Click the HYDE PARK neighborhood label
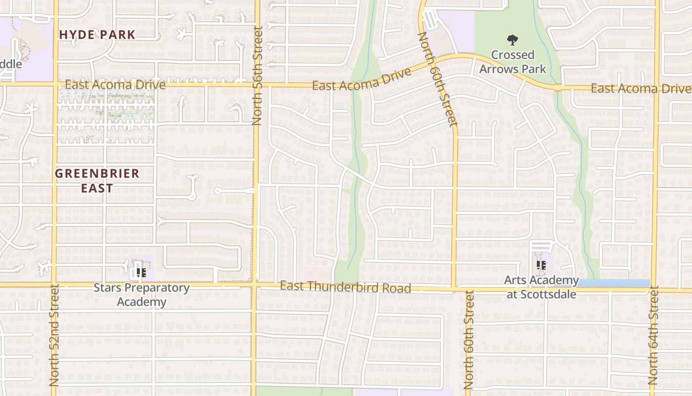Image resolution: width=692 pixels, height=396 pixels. click(x=97, y=35)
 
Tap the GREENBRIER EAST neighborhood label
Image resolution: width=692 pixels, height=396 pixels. click(x=97, y=181)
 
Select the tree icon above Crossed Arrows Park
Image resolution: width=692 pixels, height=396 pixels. click(x=513, y=40)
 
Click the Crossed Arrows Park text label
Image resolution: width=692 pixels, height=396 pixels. click(x=513, y=61)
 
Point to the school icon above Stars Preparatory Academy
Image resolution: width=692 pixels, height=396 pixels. click(x=141, y=273)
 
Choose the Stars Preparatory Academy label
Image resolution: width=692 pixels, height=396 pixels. click(x=141, y=295)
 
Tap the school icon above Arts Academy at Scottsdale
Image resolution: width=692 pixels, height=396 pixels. click(x=541, y=266)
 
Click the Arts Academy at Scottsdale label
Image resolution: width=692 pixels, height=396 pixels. click(x=541, y=287)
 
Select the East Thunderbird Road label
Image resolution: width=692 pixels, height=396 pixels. click(x=346, y=287)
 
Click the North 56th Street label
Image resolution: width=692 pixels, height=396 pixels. click(x=257, y=76)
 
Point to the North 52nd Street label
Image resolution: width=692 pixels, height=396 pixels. click(x=54, y=335)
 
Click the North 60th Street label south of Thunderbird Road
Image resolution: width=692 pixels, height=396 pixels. click(x=468, y=340)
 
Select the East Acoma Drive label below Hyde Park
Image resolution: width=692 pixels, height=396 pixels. click(x=115, y=85)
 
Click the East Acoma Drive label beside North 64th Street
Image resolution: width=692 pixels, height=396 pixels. click(x=641, y=89)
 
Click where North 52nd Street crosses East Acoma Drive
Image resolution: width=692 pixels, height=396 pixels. click(x=55, y=84)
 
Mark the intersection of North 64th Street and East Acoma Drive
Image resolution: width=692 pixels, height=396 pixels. click(x=657, y=89)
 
